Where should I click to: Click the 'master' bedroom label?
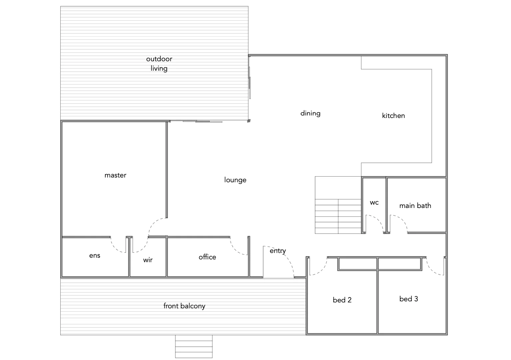pos(115,175)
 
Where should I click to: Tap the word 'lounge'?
pos(235,180)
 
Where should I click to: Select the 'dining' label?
pos(310,113)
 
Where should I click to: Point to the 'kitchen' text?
pos(393,116)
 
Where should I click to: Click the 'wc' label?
pos(374,202)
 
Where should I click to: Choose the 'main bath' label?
pos(415,206)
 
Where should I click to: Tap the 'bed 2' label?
pos(342,300)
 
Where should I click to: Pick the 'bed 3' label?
pos(409,299)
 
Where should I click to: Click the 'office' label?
pos(207,257)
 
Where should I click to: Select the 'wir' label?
pos(148,260)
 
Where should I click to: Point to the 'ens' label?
pos(95,256)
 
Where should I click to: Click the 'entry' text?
pos(278,251)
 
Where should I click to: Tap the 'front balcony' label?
pos(184,306)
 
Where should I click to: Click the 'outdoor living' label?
pos(159,64)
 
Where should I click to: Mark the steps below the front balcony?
pos(194,346)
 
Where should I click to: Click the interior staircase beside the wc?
pos(338,213)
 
